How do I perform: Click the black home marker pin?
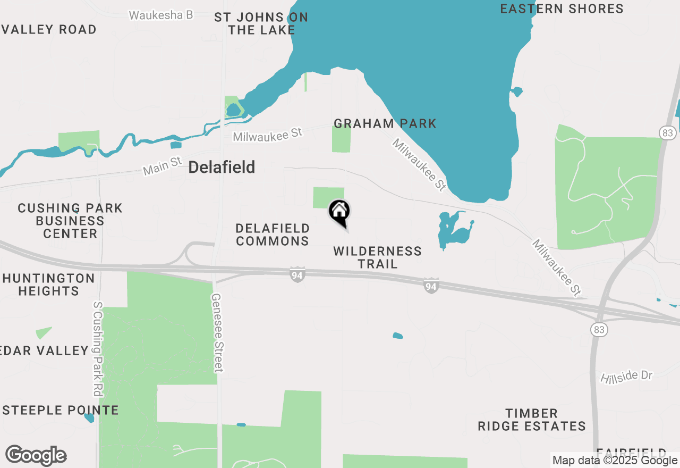click(339, 212)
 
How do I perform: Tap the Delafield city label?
click(222, 168)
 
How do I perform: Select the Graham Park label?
click(385, 124)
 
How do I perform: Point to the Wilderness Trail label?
click(377, 257)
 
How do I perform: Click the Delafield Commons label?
click(273, 235)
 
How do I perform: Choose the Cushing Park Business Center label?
click(70, 221)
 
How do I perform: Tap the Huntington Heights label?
click(48, 285)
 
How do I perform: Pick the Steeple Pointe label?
click(61, 410)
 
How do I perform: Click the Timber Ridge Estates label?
click(531, 420)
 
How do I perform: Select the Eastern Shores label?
click(562, 9)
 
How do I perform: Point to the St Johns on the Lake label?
click(261, 24)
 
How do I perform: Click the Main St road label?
click(162, 166)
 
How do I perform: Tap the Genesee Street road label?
click(218, 333)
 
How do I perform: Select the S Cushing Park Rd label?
click(97, 349)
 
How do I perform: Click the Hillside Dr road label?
click(626, 377)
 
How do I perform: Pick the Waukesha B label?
click(161, 15)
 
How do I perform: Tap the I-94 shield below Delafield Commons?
click(297, 275)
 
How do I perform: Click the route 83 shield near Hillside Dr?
click(599, 330)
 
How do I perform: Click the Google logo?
click(36, 455)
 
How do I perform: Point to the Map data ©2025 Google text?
click(615, 461)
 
